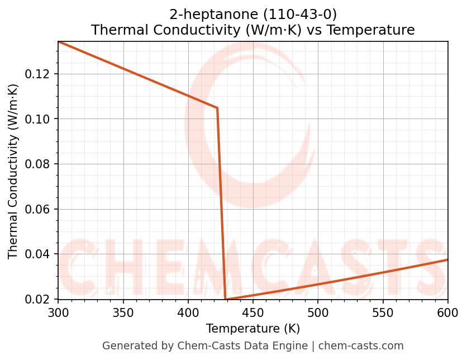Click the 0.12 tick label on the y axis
click(40, 74)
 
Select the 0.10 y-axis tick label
click(40, 119)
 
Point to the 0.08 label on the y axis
click(40, 164)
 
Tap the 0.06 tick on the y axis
click(40, 209)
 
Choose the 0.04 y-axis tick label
click(40, 254)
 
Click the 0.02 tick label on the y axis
click(40, 299)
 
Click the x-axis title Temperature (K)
click(252, 329)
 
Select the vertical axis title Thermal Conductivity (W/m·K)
click(13, 170)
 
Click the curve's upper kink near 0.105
click(217, 108)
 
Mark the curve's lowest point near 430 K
click(225, 299)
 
